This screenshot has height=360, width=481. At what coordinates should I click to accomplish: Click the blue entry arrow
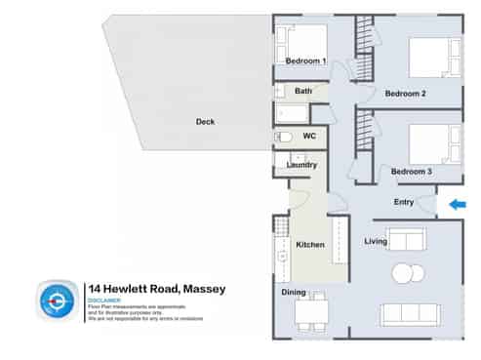point(457,204)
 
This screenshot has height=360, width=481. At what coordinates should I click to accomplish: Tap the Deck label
point(205,122)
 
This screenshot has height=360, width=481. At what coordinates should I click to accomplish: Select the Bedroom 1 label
point(305,61)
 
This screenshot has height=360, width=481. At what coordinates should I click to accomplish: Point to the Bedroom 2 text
point(405,94)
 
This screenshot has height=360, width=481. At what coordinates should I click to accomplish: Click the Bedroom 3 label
point(411,172)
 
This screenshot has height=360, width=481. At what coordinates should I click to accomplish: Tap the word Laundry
point(301,165)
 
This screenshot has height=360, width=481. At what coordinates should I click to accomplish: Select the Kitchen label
point(309,244)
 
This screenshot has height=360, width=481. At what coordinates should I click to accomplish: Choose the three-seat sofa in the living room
point(410,314)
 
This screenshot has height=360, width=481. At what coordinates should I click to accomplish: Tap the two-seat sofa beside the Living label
point(407,239)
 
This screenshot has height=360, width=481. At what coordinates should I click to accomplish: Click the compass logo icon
point(59,300)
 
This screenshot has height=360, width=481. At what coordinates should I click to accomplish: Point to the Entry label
point(404,202)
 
